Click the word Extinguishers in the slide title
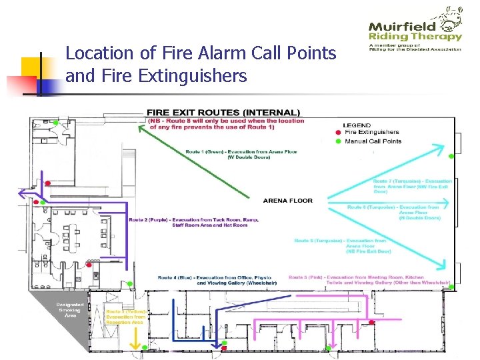(x=192, y=77)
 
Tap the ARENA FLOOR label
(x=287, y=201)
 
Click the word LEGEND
(x=357, y=125)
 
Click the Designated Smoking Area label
(x=69, y=310)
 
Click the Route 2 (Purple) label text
(x=193, y=223)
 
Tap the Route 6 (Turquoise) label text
(x=340, y=245)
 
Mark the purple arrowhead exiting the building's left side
(x=23, y=194)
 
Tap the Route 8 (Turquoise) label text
(x=393, y=212)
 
